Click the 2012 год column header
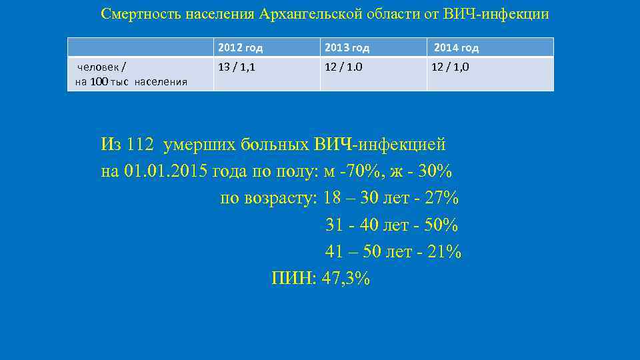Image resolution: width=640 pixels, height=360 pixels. [x=241, y=48]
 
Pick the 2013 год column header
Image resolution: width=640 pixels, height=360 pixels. [x=347, y=48]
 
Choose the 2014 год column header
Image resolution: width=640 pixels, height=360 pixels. [x=456, y=48]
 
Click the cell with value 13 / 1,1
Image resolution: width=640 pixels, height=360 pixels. [x=237, y=67]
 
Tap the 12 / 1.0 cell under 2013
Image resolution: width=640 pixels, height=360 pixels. [x=344, y=67]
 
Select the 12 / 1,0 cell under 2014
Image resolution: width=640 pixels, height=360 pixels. [x=451, y=67]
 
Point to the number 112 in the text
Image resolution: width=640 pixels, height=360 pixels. [x=141, y=144]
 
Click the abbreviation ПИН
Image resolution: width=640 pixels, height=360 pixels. [x=293, y=279]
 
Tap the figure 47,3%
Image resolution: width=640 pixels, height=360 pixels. [x=345, y=279]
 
